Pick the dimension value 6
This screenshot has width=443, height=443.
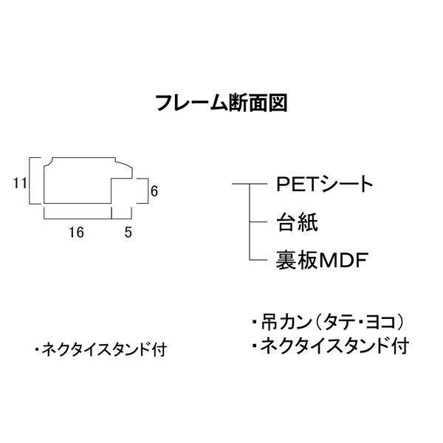coord(154,190)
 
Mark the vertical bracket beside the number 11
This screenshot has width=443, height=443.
coord(32,181)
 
